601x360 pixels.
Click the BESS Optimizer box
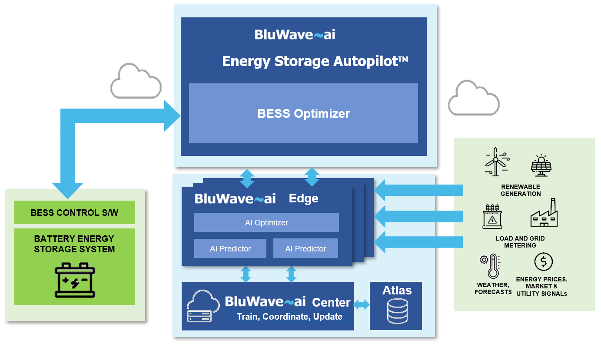[303, 114]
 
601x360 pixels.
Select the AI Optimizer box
[266, 222]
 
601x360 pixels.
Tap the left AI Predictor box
[230, 248]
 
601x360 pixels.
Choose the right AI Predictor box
[305, 248]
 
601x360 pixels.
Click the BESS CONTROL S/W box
[74, 212]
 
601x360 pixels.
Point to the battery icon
[75, 280]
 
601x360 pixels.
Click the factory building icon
[544, 214]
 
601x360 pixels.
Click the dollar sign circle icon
[543, 262]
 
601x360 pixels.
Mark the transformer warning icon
[492, 216]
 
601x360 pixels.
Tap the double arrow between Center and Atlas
[362, 305]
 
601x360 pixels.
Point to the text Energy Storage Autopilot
[315, 61]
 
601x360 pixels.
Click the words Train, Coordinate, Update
[289, 317]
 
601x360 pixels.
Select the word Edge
[303, 198]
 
